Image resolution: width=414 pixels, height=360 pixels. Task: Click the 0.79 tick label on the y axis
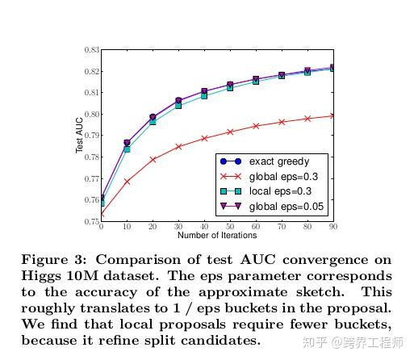[x=90, y=136]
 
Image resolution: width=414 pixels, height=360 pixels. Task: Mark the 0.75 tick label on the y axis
[x=90, y=221]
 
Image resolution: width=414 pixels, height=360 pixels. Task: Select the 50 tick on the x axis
[x=230, y=228]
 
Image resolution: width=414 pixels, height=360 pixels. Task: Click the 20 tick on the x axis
[x=153, y=228]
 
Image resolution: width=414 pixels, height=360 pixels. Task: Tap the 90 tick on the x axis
[x=332, y=228]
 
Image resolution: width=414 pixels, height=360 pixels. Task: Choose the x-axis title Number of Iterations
[x=216, y=236]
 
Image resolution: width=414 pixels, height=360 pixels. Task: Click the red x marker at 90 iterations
[x=333, y=116]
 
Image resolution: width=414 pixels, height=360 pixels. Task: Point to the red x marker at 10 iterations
[x=127, y=182]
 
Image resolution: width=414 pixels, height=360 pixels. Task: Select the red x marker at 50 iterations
[x=230, y=132]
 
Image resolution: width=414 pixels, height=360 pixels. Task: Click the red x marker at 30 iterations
[x=178, y=147]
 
